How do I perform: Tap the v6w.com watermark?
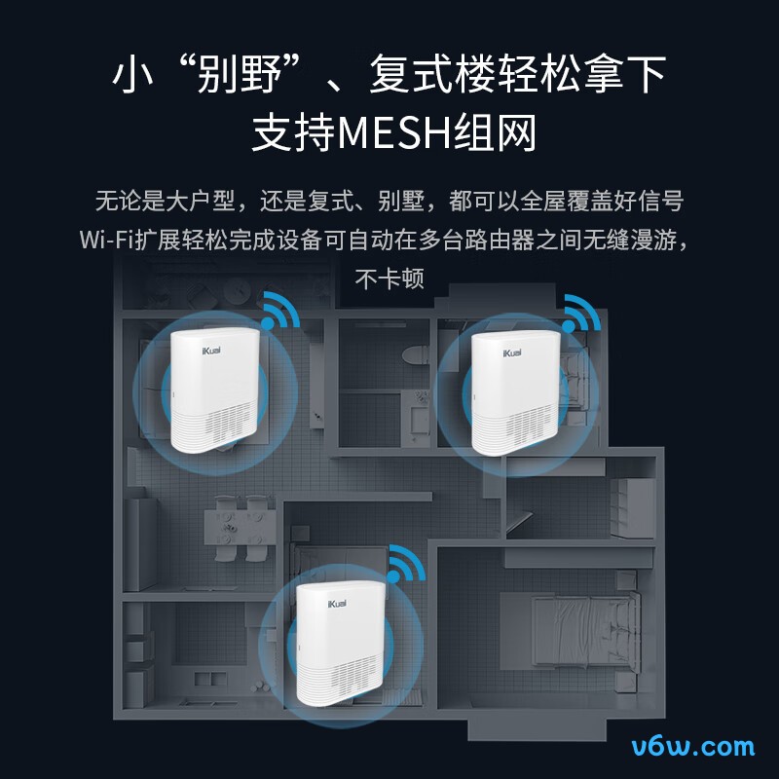[692, 748]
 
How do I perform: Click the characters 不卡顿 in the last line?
[389, 278]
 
